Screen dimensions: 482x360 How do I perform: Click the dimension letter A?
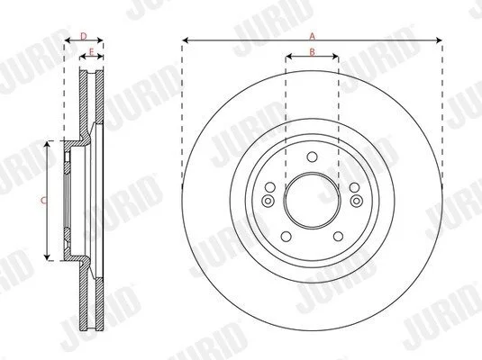click(313, 37)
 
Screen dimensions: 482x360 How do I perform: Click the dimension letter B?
click(313, 52)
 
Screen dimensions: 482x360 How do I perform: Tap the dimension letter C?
click(44, 201)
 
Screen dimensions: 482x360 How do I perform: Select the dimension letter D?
click(84, 37)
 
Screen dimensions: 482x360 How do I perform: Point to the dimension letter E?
click(91, 52)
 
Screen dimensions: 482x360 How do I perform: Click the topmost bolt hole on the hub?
click(312, 157)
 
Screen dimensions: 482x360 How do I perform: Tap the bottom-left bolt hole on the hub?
click(286, 237)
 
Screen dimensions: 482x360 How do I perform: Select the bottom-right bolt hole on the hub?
click(338, 237)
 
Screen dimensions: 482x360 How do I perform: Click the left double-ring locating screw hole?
click(268, 201)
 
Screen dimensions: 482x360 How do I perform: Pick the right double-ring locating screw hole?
click(357, 201)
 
